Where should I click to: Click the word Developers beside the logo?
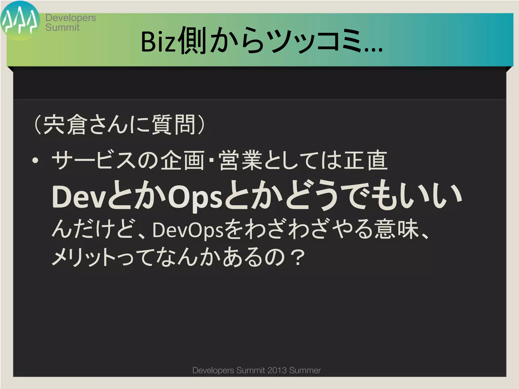click(x=71, y=18)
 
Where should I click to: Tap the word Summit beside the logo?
click(x=62, y=27)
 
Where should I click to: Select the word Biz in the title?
click(x=158, y=42)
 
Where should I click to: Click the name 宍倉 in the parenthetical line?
click(x=65, y=125)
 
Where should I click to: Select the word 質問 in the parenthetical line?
click(x=173, y=125)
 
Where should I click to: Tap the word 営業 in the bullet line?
click(x=240, y=161)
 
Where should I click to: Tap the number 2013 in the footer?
click(x=277, y=370)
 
